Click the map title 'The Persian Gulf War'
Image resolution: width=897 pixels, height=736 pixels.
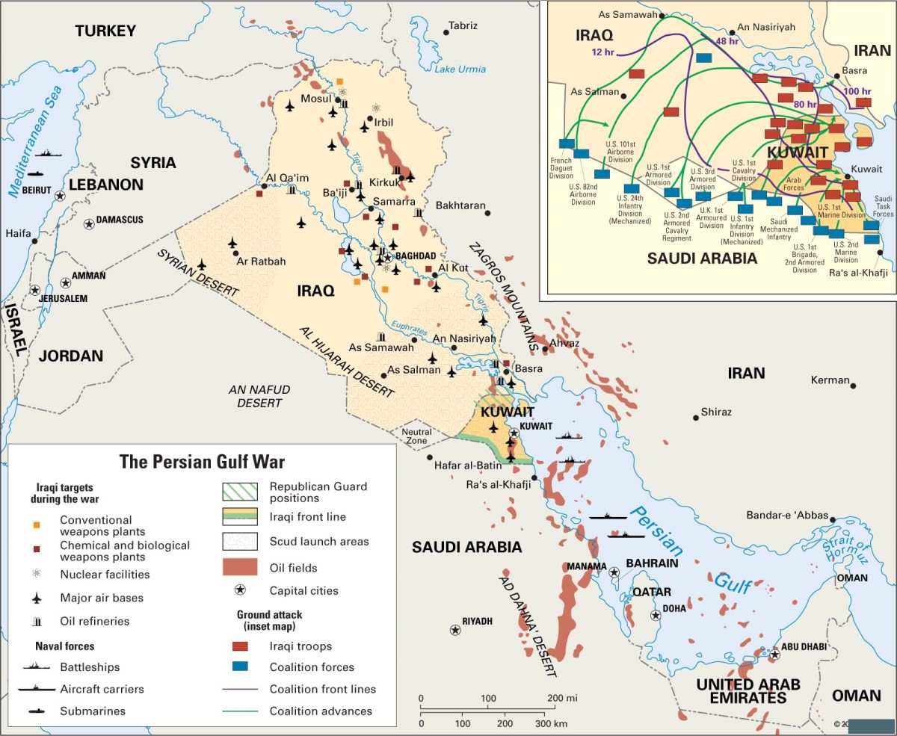(202, 461)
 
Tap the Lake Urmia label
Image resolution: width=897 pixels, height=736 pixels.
(460, 69)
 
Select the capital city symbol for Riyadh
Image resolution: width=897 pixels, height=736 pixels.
(454, 630)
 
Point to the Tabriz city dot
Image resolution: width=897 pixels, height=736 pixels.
(446, 32)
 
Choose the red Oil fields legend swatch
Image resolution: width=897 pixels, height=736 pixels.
(240, 567)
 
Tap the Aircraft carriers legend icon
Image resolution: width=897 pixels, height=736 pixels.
(36, 689)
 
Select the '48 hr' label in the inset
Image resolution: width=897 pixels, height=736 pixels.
(727, 41)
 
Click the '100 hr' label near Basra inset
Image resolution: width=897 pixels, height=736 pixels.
(857, 91)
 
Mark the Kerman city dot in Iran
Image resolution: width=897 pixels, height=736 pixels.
(853, 386)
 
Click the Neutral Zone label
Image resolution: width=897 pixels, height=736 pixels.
(416, 436)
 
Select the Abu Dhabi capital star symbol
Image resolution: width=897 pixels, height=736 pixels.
(775, 655)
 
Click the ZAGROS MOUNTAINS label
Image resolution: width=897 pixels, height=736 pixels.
(501, 296)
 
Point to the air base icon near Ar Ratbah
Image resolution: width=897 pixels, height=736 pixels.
(232, 244)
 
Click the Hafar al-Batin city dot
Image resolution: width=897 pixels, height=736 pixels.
(430, 457)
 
